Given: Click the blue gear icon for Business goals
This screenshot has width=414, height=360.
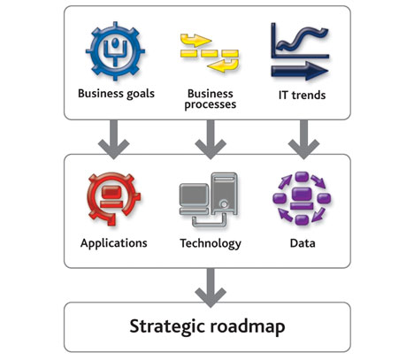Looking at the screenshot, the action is (x=115, y=50).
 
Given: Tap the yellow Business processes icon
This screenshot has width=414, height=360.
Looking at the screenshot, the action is (x=210, y=53).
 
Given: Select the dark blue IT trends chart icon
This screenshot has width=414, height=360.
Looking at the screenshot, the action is (x=300, y=51).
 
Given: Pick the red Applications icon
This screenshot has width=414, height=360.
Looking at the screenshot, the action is (x=113, y=199).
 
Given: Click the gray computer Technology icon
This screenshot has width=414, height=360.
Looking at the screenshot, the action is (x=209, y=200).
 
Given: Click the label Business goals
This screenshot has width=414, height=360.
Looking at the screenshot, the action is (x=116, y=94).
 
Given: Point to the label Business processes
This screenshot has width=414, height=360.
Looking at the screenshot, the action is (x=211, y=99).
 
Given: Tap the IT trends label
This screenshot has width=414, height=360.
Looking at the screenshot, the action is (x=303, y=95).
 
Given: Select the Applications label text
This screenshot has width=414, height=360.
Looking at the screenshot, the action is (x=114, y=243).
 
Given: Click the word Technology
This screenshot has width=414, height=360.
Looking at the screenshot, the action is (x=211, y=244).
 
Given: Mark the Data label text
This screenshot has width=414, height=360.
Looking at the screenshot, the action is (x=303, y=243).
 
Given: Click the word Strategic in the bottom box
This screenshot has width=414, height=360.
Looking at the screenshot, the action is (x=167, y=326).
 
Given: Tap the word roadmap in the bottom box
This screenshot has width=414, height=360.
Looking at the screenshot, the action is (x=248, y=326).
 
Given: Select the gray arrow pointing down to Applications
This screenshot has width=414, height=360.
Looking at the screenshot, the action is (x=114, y=140).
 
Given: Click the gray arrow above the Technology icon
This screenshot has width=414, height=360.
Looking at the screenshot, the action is (x=211, y=140).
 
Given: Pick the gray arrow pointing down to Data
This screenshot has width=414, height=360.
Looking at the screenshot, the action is (x=303, y=140).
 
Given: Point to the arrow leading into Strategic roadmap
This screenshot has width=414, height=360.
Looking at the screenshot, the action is (x=211, y=288).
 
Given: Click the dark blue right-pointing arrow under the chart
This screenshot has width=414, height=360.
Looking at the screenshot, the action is (x=300, y=71).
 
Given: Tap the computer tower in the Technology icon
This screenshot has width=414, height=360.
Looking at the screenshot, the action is (x=224, y=194).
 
